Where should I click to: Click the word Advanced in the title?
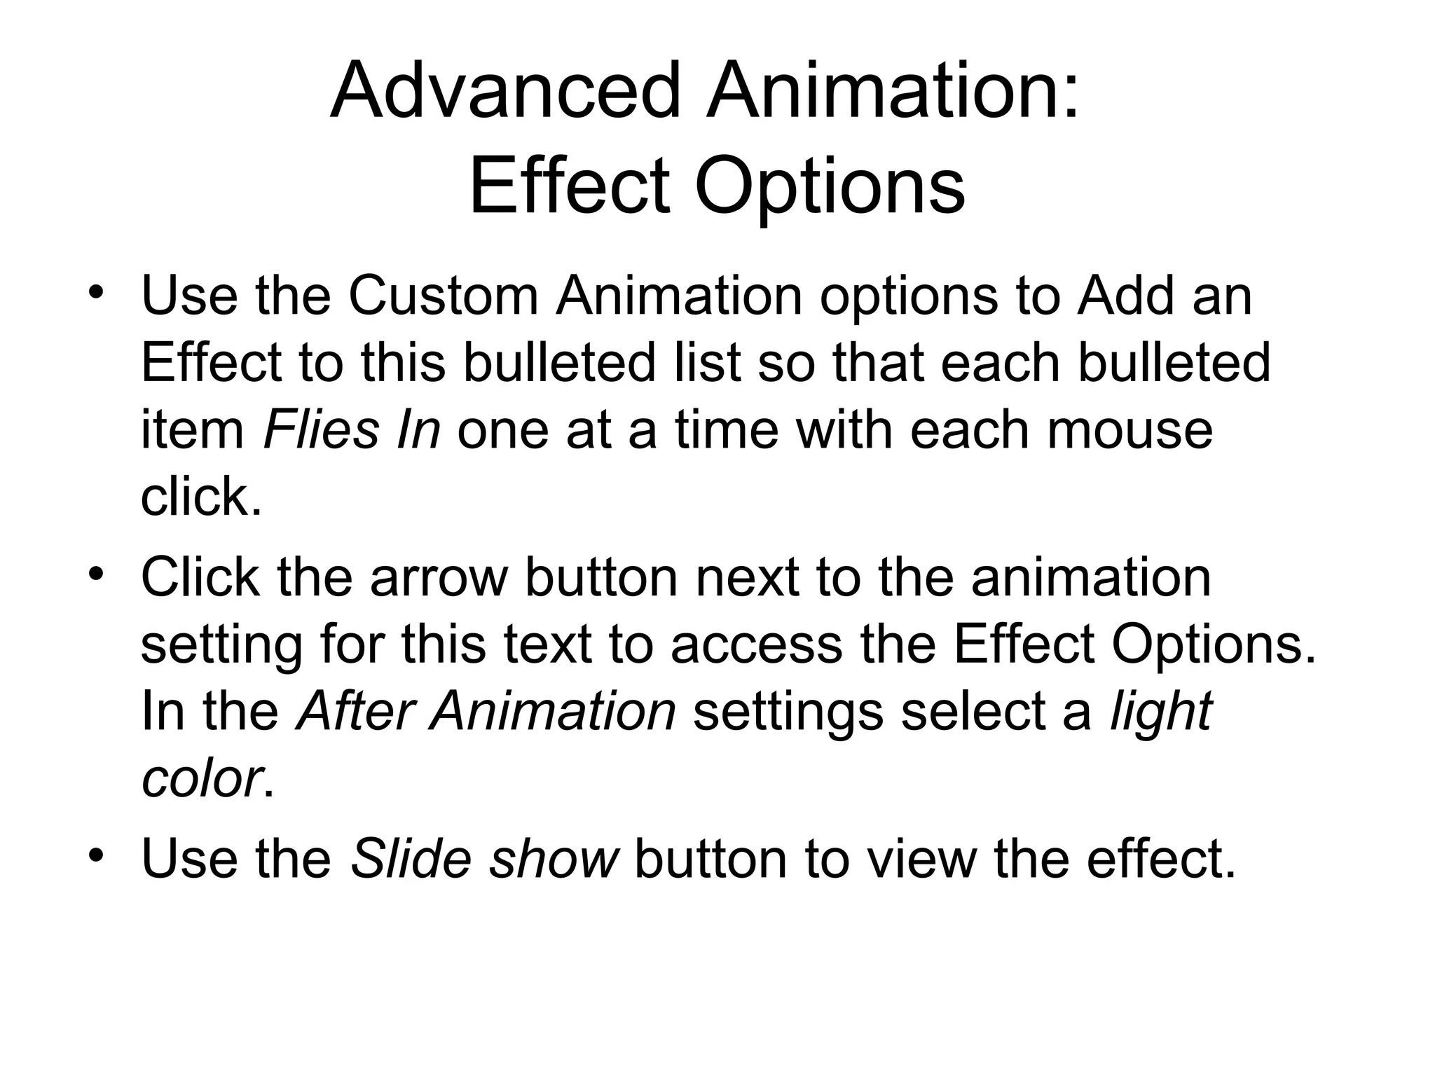click(x=505, y=91)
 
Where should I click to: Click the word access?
click(x=757, y=644)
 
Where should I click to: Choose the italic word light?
click(x=1161, y=711)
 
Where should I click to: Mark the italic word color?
click(x=200, y=778)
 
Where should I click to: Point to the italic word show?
click(x=553, y=859)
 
